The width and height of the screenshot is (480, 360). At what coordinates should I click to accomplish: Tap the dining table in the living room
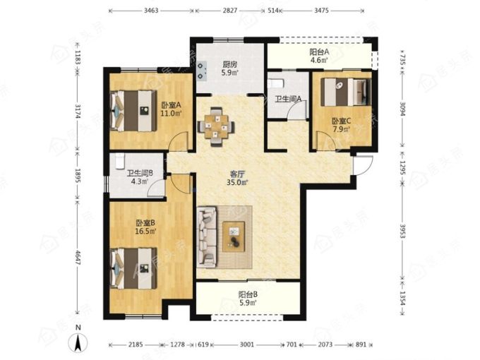pyautogui.click(x=217, y=126)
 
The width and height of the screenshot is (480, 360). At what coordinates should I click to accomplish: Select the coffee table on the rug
pyautogui.click(x=234, y=236)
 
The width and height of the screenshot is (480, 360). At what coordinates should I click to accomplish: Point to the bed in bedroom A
pyautogui.click(x=133, y=111)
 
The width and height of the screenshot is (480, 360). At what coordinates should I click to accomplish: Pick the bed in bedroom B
pyautogui.click(x=133, y=268)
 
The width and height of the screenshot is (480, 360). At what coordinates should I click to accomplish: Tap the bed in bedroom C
pyautogui.click(x=346, y=92)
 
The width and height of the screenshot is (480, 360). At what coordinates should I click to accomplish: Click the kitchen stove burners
pyautogui.click(x=200, y=71)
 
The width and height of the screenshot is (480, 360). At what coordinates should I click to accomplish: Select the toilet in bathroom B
pyautogui.click(x=119, y=162)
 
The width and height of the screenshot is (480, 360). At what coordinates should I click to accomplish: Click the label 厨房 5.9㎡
pyautogui.click(x=230, y=68)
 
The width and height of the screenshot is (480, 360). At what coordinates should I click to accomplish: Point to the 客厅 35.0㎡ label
pyautogui.click(x=237, y=178)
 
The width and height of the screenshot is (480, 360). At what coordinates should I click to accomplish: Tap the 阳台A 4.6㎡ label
pyautogui.click(x=319, y=56)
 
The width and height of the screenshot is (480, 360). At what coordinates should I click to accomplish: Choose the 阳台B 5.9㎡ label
pyautogui.click(x=248, y=299)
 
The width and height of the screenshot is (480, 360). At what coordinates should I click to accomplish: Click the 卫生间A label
pyautogui.click(x=288, y=99)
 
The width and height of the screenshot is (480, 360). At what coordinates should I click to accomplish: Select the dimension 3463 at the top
pyautogui.click(x=151, y=11)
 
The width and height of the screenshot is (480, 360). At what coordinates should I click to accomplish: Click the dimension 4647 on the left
pyautogui.click(x=78, y=258)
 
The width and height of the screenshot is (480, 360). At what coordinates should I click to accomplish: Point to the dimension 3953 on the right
pyautogui.click(x=402, y=231)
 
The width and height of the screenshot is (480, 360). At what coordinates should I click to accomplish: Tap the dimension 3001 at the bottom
pyautogui.click(x=247, y=344)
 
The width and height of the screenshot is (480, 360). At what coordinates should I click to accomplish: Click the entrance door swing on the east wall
pyautogui.click(x=363, y=166)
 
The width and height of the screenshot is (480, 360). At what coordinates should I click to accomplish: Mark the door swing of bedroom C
pyautogui.click(x=325, y=140)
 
